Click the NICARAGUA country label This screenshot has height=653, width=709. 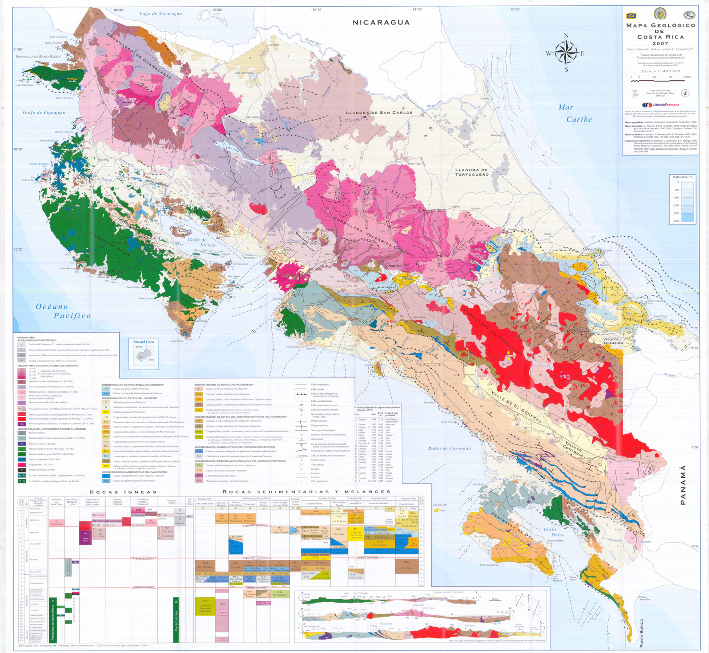coord(381,23)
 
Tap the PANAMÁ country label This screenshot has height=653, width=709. coord(683,485)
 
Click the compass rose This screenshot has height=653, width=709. coord(566,52)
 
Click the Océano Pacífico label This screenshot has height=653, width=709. coord(62,311)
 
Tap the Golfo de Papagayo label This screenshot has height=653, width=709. coord(44,113)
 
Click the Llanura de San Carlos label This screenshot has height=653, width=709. coord(379,113)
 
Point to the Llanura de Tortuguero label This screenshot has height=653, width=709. coord(472,172)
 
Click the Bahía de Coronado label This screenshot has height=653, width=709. coord(449,448)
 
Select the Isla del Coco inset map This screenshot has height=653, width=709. coord(144,354)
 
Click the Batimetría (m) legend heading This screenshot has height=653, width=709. coord(683,177)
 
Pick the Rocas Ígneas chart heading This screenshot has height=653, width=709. coord(123,492)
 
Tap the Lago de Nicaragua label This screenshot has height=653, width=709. coord(161,14)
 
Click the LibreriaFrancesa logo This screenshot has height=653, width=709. coord(660,105)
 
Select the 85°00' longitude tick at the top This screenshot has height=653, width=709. coord(217,10)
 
